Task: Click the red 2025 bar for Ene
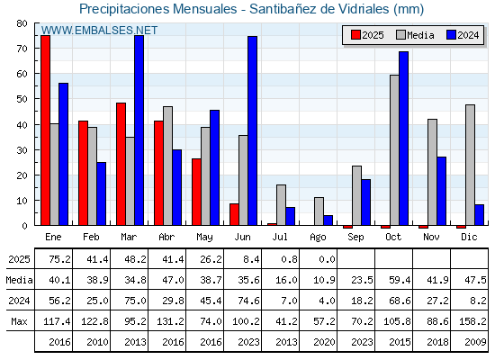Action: pyautogui.click(x=45, y=130)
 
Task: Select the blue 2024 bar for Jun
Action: pyautogui.click(x=252, y=130)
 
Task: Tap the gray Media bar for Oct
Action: pyautogui.click(x=394, y=150)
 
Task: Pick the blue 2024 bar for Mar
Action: pyautogui.click(x=139, y=130)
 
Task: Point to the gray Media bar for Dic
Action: pyautogui.click(x=470, y=165)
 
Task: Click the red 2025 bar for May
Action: pyautogui.click(x=196, y=192)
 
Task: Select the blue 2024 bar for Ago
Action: pyautogui.click(x=328, y=220)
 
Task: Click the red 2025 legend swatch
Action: pyautogui.click(x=355, y=35)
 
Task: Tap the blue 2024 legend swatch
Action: pyautogui.click(x=451, y=35)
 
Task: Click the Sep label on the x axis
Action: pyautogui.click(x=355, y=238)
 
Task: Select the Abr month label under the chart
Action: pyautogui.click(x=166, y=237)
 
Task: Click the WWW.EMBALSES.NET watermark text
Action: pyautogui.click(x=99, y=31)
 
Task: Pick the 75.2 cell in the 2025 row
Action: pyautogui.click(x=59, y=259)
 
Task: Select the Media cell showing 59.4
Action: pyautogui.click(x=400, y=280)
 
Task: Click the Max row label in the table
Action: pyautogui.click(x=19, y=321)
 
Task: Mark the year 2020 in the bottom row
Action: pyautogui.click(x=324, y=342)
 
